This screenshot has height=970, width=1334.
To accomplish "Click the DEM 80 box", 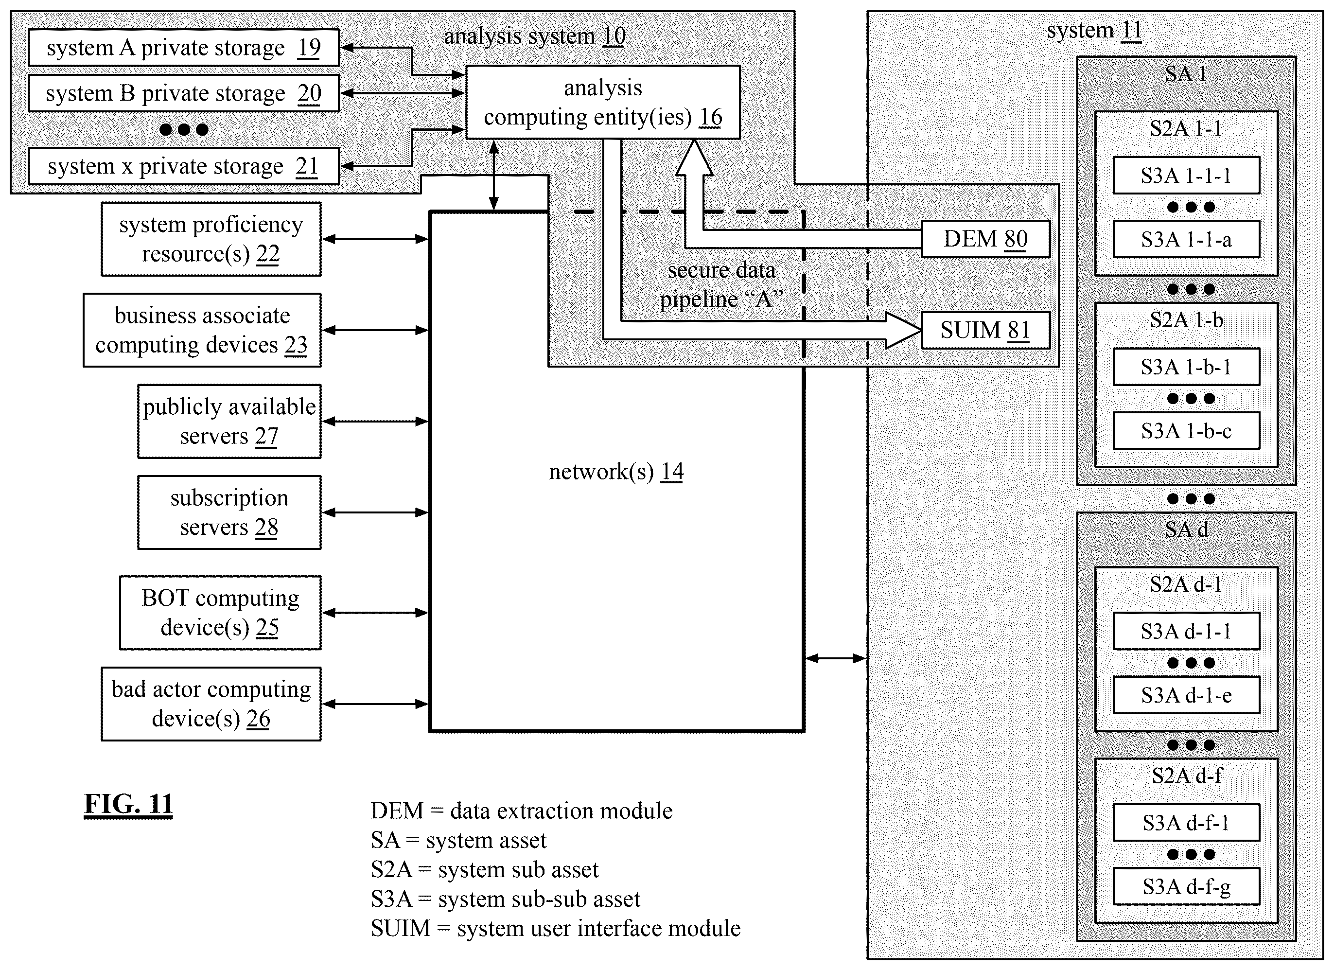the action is (985, 239).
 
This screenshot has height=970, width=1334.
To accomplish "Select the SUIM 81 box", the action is (985, 330).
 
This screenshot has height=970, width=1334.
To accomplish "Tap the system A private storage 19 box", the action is (183, 48).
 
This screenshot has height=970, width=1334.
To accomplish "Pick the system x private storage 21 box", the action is (183, 166).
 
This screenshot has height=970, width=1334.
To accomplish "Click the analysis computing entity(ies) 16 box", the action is (603, 103).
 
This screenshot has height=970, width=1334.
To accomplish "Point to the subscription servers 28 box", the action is (229, 512).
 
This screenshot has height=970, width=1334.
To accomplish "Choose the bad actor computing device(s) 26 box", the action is (211, 704).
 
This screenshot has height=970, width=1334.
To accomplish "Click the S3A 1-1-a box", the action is (1186, 239).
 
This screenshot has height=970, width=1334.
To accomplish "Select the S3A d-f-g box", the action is (1186, 886).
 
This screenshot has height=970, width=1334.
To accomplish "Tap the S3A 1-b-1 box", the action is (1186, 367).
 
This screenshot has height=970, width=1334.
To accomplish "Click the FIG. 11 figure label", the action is (128, 804).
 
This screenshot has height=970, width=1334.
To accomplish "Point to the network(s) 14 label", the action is (616, 472).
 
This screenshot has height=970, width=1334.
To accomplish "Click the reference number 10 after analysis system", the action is (614, 36).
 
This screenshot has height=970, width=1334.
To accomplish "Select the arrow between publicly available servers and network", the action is (375, 421).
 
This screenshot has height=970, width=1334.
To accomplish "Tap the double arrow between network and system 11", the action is (835, 658).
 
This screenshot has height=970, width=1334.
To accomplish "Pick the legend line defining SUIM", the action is (556, 929).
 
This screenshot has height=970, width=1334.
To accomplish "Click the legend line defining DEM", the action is (522, 811).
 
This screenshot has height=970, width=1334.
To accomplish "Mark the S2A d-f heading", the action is (1186, 776).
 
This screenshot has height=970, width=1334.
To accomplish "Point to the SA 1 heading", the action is (1186, 74).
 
